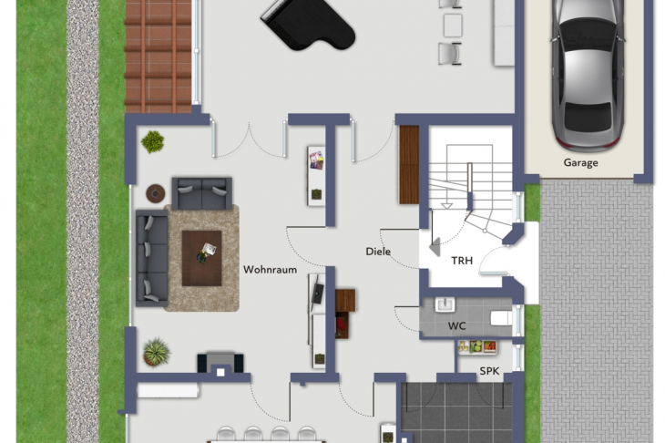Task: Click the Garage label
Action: (580, 163)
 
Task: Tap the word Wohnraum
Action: (270, 270)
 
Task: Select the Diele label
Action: (378, 251)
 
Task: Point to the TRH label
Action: (462, 261)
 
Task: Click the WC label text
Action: (456, 325)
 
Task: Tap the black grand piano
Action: (308, 25)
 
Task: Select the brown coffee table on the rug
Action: (201, 258)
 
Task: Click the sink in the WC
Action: (445, 304)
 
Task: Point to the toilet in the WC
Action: (500, 318)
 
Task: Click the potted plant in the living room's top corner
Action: (152, 141)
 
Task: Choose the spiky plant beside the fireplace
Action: (157, 352)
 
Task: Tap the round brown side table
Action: (156, 192)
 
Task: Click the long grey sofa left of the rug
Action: (151, 258)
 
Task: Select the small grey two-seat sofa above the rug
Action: (201, 192)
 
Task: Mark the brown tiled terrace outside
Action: (159, 55)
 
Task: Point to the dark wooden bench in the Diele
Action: (409, 164)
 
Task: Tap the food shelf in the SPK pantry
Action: (477, 346)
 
